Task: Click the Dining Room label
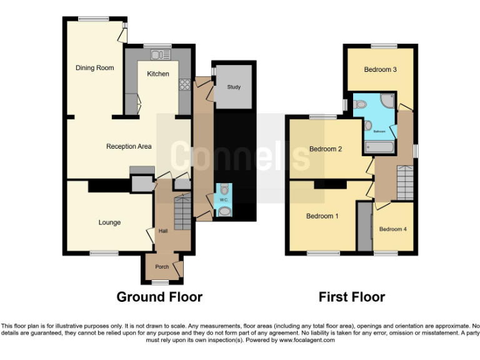tap(95, 67)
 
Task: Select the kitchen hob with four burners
tap(185, 84)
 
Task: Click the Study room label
tap(234, 87)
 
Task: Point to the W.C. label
tap(223, 200)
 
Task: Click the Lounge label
tap(109, 222)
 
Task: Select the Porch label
tap(162, 267)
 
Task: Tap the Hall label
tap(163, 231)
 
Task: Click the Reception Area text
tap(129, 147)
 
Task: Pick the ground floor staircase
tap(181, 212)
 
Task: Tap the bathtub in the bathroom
tap(378, 147)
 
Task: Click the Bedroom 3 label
tap(381, 69)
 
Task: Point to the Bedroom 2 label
tap(326, 149)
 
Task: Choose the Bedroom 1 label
tap(322, 216)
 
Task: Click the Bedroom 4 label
tap(392, 229)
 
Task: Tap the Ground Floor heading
tap(159, 297)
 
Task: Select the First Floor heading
tap(352, 297)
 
